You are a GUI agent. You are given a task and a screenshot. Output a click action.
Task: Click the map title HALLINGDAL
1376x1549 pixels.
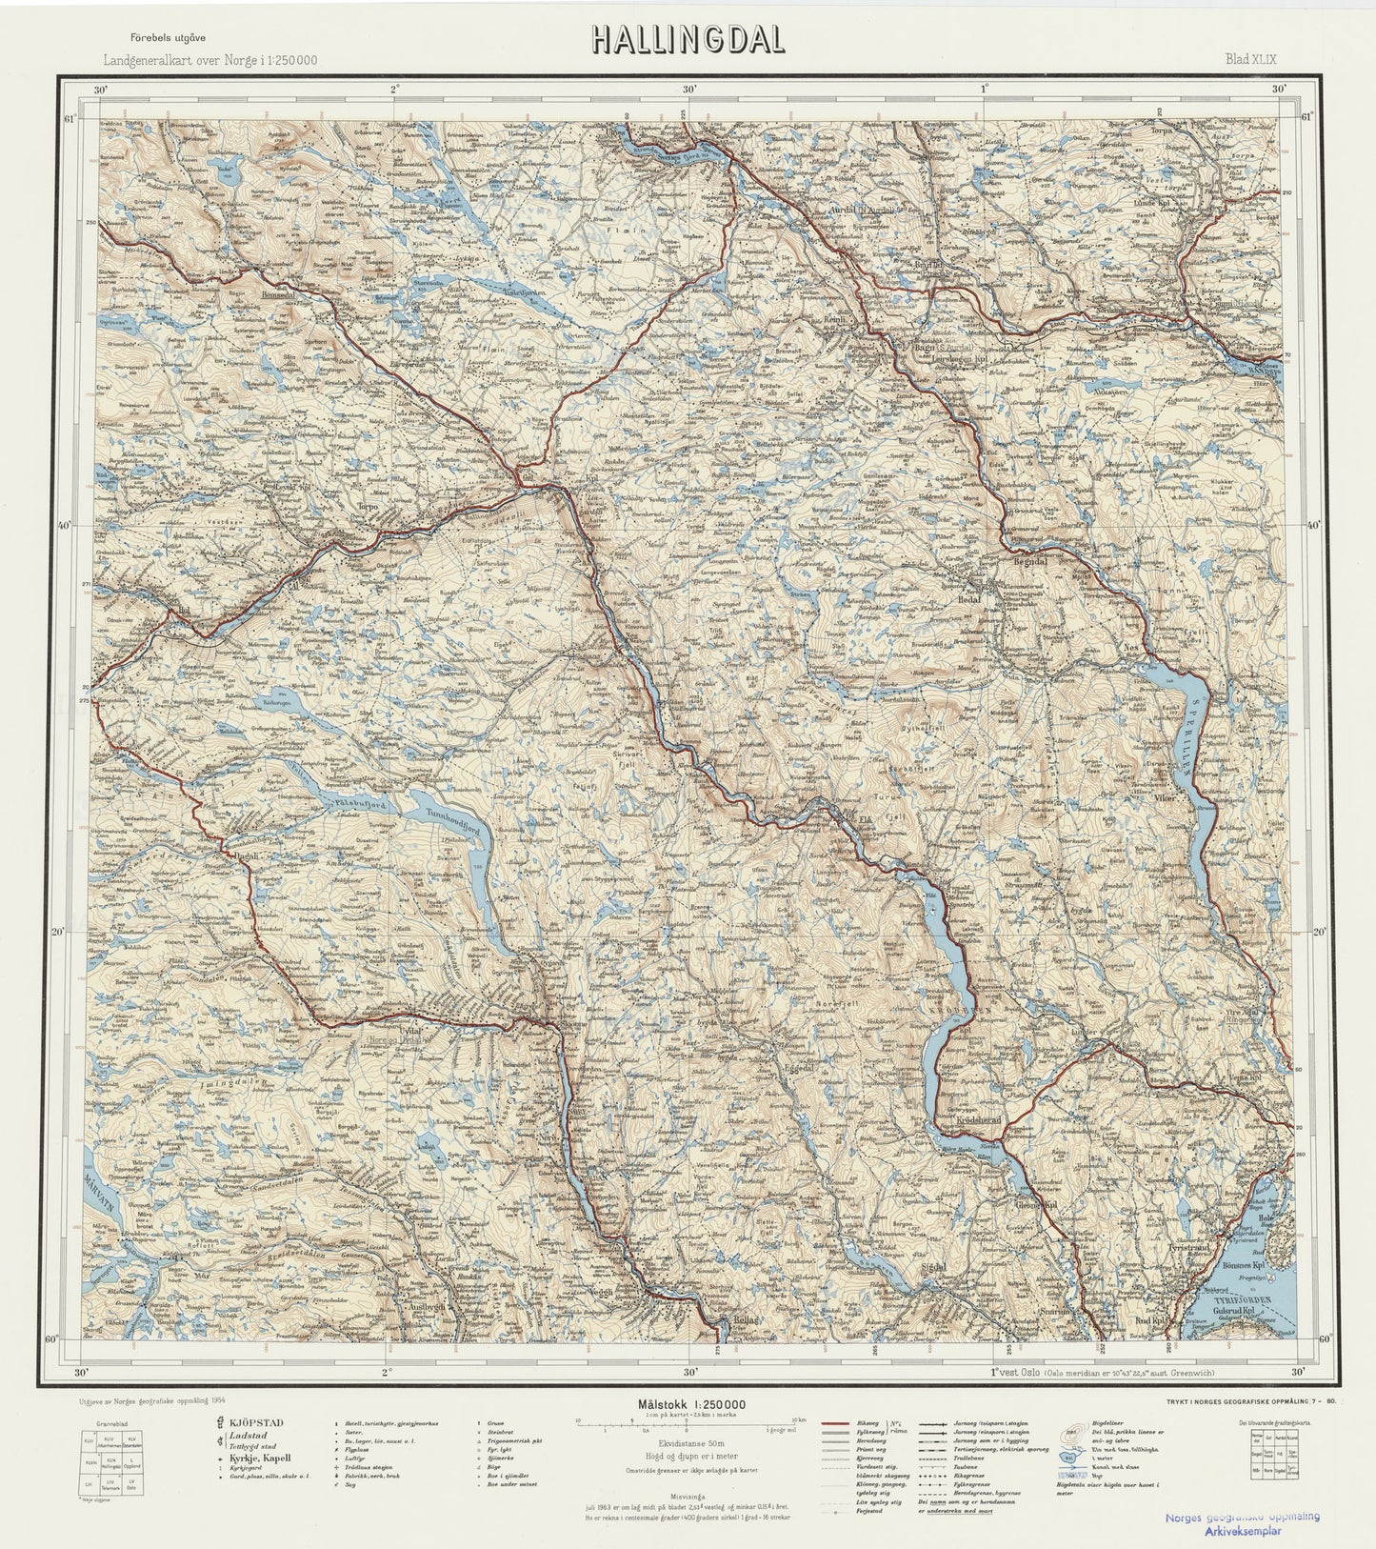[x=688, y=38]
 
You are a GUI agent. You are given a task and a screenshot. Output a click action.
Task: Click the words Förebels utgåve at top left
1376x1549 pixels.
[x=169, y=37]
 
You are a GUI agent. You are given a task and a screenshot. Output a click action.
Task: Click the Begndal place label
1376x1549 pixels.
[x=1027, y=561]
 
